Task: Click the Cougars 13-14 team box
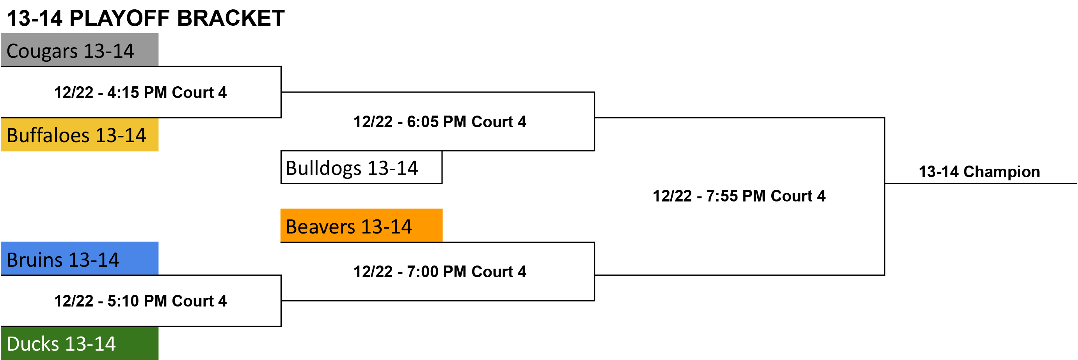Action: tap(80, 50)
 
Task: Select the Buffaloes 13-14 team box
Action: tap(80, 134)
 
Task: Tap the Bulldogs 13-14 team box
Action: tap(361, 168)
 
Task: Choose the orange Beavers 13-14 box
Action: tap(361, 226)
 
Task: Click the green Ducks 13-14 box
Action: tap(80, 343)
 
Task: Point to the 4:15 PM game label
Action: tap(140, 93)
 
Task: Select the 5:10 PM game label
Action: tap(140, 301)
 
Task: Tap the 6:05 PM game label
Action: tap(440, 122)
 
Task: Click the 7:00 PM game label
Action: tap(440, 272)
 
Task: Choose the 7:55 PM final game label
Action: tap(739, 196)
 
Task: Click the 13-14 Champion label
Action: tap(979, 172)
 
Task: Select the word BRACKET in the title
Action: tap(231, 18)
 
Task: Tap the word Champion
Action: tap(1002, 172)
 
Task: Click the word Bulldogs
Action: tap(323, 168)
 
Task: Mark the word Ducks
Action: tap(33, 344)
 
